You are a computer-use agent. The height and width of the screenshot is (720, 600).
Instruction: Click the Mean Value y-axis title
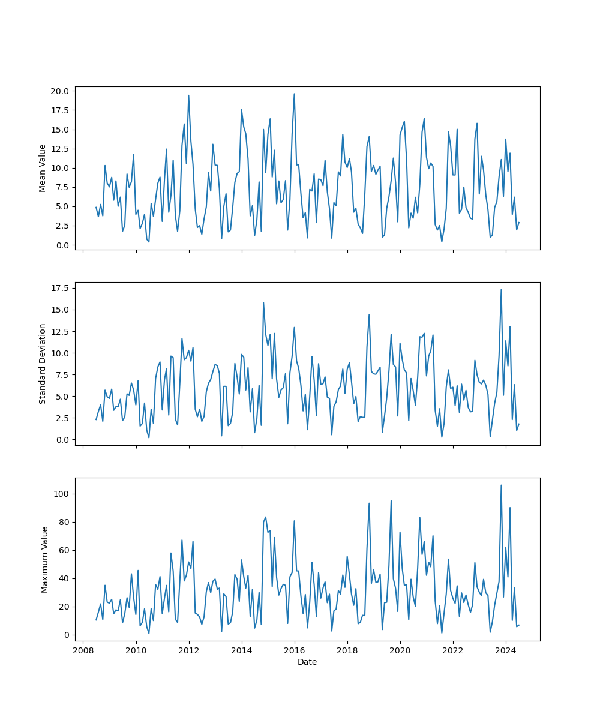43,168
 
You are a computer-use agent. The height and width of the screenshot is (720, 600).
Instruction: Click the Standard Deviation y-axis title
43,364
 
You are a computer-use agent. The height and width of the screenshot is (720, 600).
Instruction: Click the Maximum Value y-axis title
44,559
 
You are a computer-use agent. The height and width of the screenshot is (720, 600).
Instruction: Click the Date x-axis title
307,662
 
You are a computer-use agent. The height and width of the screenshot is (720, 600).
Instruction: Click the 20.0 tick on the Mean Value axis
62,91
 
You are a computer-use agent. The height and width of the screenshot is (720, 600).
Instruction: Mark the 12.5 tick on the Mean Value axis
62,149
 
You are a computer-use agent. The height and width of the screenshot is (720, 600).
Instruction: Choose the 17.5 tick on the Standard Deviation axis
62,288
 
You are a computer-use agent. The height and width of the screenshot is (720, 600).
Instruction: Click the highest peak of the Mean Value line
294,94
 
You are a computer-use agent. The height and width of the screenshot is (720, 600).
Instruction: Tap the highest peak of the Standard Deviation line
501,289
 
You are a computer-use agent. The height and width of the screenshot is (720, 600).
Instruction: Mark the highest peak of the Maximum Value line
501,485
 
